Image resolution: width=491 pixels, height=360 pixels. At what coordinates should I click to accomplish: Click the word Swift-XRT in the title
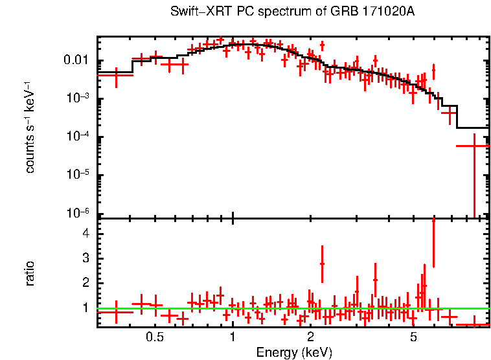tap(194, 12)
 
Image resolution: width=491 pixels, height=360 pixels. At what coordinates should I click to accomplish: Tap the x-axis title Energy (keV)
tap(294, 352)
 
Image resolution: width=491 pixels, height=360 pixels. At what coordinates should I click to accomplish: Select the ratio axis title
tap(30, 273)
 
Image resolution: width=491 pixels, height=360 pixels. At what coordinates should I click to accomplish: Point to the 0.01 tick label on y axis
tap(78, 61)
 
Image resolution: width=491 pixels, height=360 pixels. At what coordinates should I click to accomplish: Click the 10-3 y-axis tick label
tap(79, 99)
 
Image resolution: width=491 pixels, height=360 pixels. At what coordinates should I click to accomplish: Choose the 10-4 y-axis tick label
tap(79, 137)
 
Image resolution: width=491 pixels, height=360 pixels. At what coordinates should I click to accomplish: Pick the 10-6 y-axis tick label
tap(79, 214)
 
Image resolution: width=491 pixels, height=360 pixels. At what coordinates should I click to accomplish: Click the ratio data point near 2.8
tap(322, 264)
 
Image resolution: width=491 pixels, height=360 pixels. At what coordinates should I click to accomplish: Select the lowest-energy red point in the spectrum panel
tap(115, 75)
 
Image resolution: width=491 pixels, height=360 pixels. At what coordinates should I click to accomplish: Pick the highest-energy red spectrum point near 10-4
tap(475, 146)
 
